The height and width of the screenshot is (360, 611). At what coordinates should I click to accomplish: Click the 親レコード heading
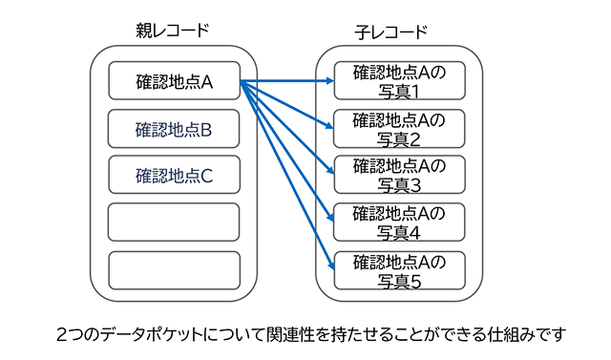173,32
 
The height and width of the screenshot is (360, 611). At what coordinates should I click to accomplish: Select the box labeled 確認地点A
173,81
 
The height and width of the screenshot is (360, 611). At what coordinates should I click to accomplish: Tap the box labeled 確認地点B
173,128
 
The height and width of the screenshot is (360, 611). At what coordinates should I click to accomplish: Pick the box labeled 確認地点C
173,175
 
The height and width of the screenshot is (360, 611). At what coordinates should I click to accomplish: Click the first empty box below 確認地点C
173,222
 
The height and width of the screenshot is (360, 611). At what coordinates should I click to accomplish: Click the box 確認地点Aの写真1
399,81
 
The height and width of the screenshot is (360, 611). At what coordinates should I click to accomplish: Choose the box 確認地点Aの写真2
399,128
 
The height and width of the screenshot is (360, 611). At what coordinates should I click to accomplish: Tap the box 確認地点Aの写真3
399,175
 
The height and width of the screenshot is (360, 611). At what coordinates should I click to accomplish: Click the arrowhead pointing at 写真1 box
327,82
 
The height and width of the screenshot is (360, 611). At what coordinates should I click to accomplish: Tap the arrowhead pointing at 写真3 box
328,172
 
